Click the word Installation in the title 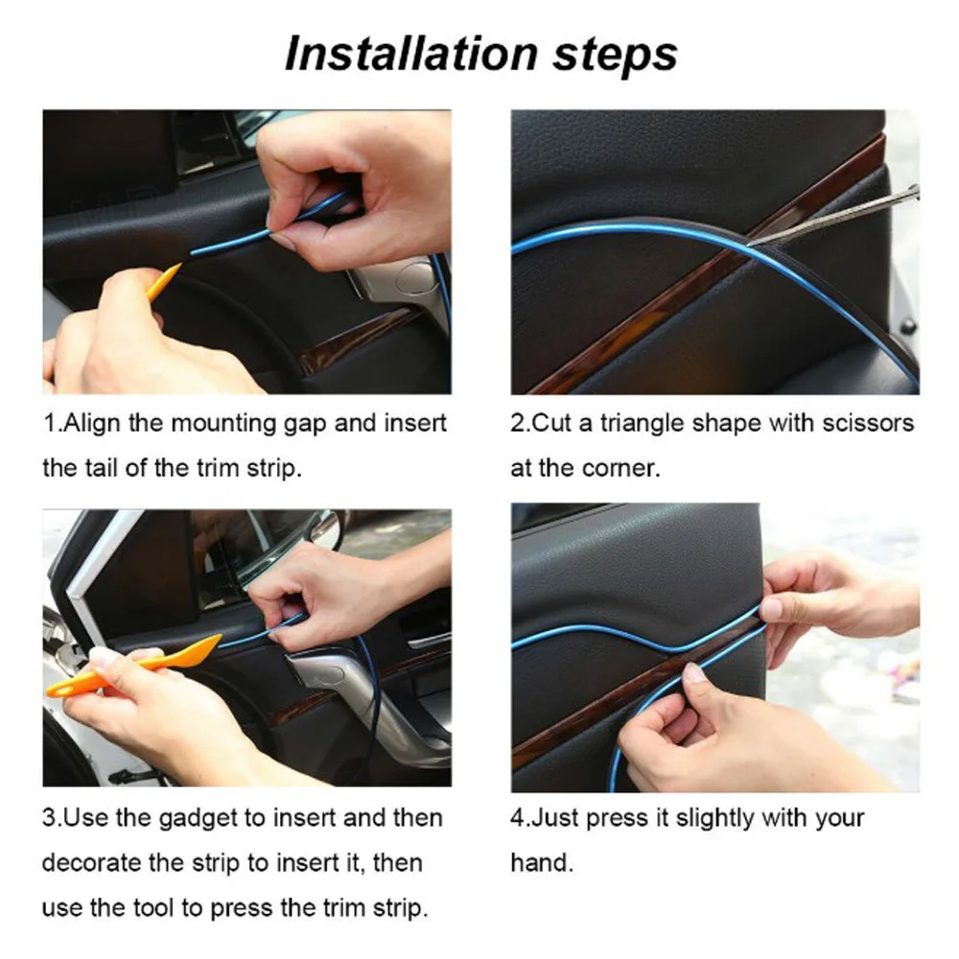pyautogui.click(x=410, y=53)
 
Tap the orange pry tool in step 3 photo pyautogui.click(x=134, y=667)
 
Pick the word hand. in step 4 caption pyautogui.click(x=542, y=863)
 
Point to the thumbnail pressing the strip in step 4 pyautogui.click(x=693, y=673)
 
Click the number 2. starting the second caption pyautogui.click(x=520, y=423)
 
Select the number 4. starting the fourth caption pyautogui.click(x=520, y=818)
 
